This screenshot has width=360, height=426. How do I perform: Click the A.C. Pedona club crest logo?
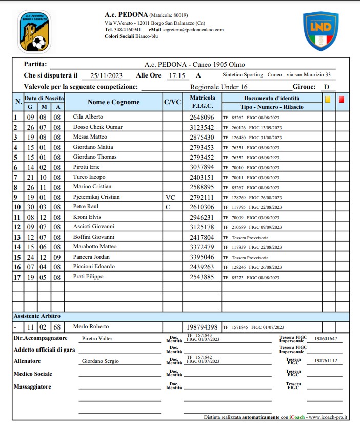coord(34,32)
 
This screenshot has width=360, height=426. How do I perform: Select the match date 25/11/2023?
coord(106,76)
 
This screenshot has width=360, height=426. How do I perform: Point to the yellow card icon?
coord(328,100)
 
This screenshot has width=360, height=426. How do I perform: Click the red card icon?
coord(342,100)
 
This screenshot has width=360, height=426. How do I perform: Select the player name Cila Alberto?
coord(88,117)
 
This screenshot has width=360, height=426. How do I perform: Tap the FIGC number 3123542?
coord(202,127)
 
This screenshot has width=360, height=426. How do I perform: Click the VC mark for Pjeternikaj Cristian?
coord(171,197)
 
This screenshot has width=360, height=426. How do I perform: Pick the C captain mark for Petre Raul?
coord(167,207)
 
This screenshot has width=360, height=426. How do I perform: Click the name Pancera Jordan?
coord(91,257)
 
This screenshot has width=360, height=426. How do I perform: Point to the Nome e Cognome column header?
coord(113,102)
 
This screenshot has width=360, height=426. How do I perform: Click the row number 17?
coord(16,277)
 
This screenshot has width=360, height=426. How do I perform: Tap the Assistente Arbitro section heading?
coord(37,316)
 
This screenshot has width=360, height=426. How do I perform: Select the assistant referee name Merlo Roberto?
coord(91,326)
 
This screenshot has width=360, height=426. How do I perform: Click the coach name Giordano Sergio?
coord(101,361)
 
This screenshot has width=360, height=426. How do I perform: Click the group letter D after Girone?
coord(326,87)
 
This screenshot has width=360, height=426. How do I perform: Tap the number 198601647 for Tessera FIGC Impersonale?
coord(326,339)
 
